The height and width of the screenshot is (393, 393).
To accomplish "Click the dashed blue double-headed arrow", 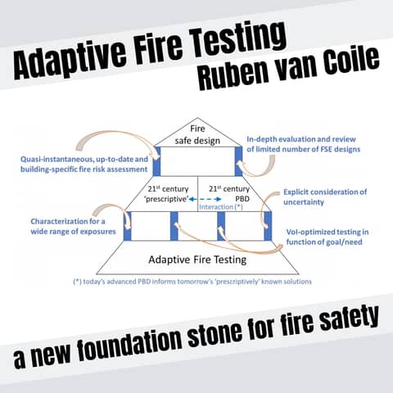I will [x=196, y=198].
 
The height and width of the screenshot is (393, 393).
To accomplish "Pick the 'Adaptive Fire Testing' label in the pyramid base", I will [x=196, y=260].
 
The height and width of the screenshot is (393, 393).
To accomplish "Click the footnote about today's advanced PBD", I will [x=196, y=281].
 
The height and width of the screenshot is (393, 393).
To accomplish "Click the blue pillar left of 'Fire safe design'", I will [x=157, y=160].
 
